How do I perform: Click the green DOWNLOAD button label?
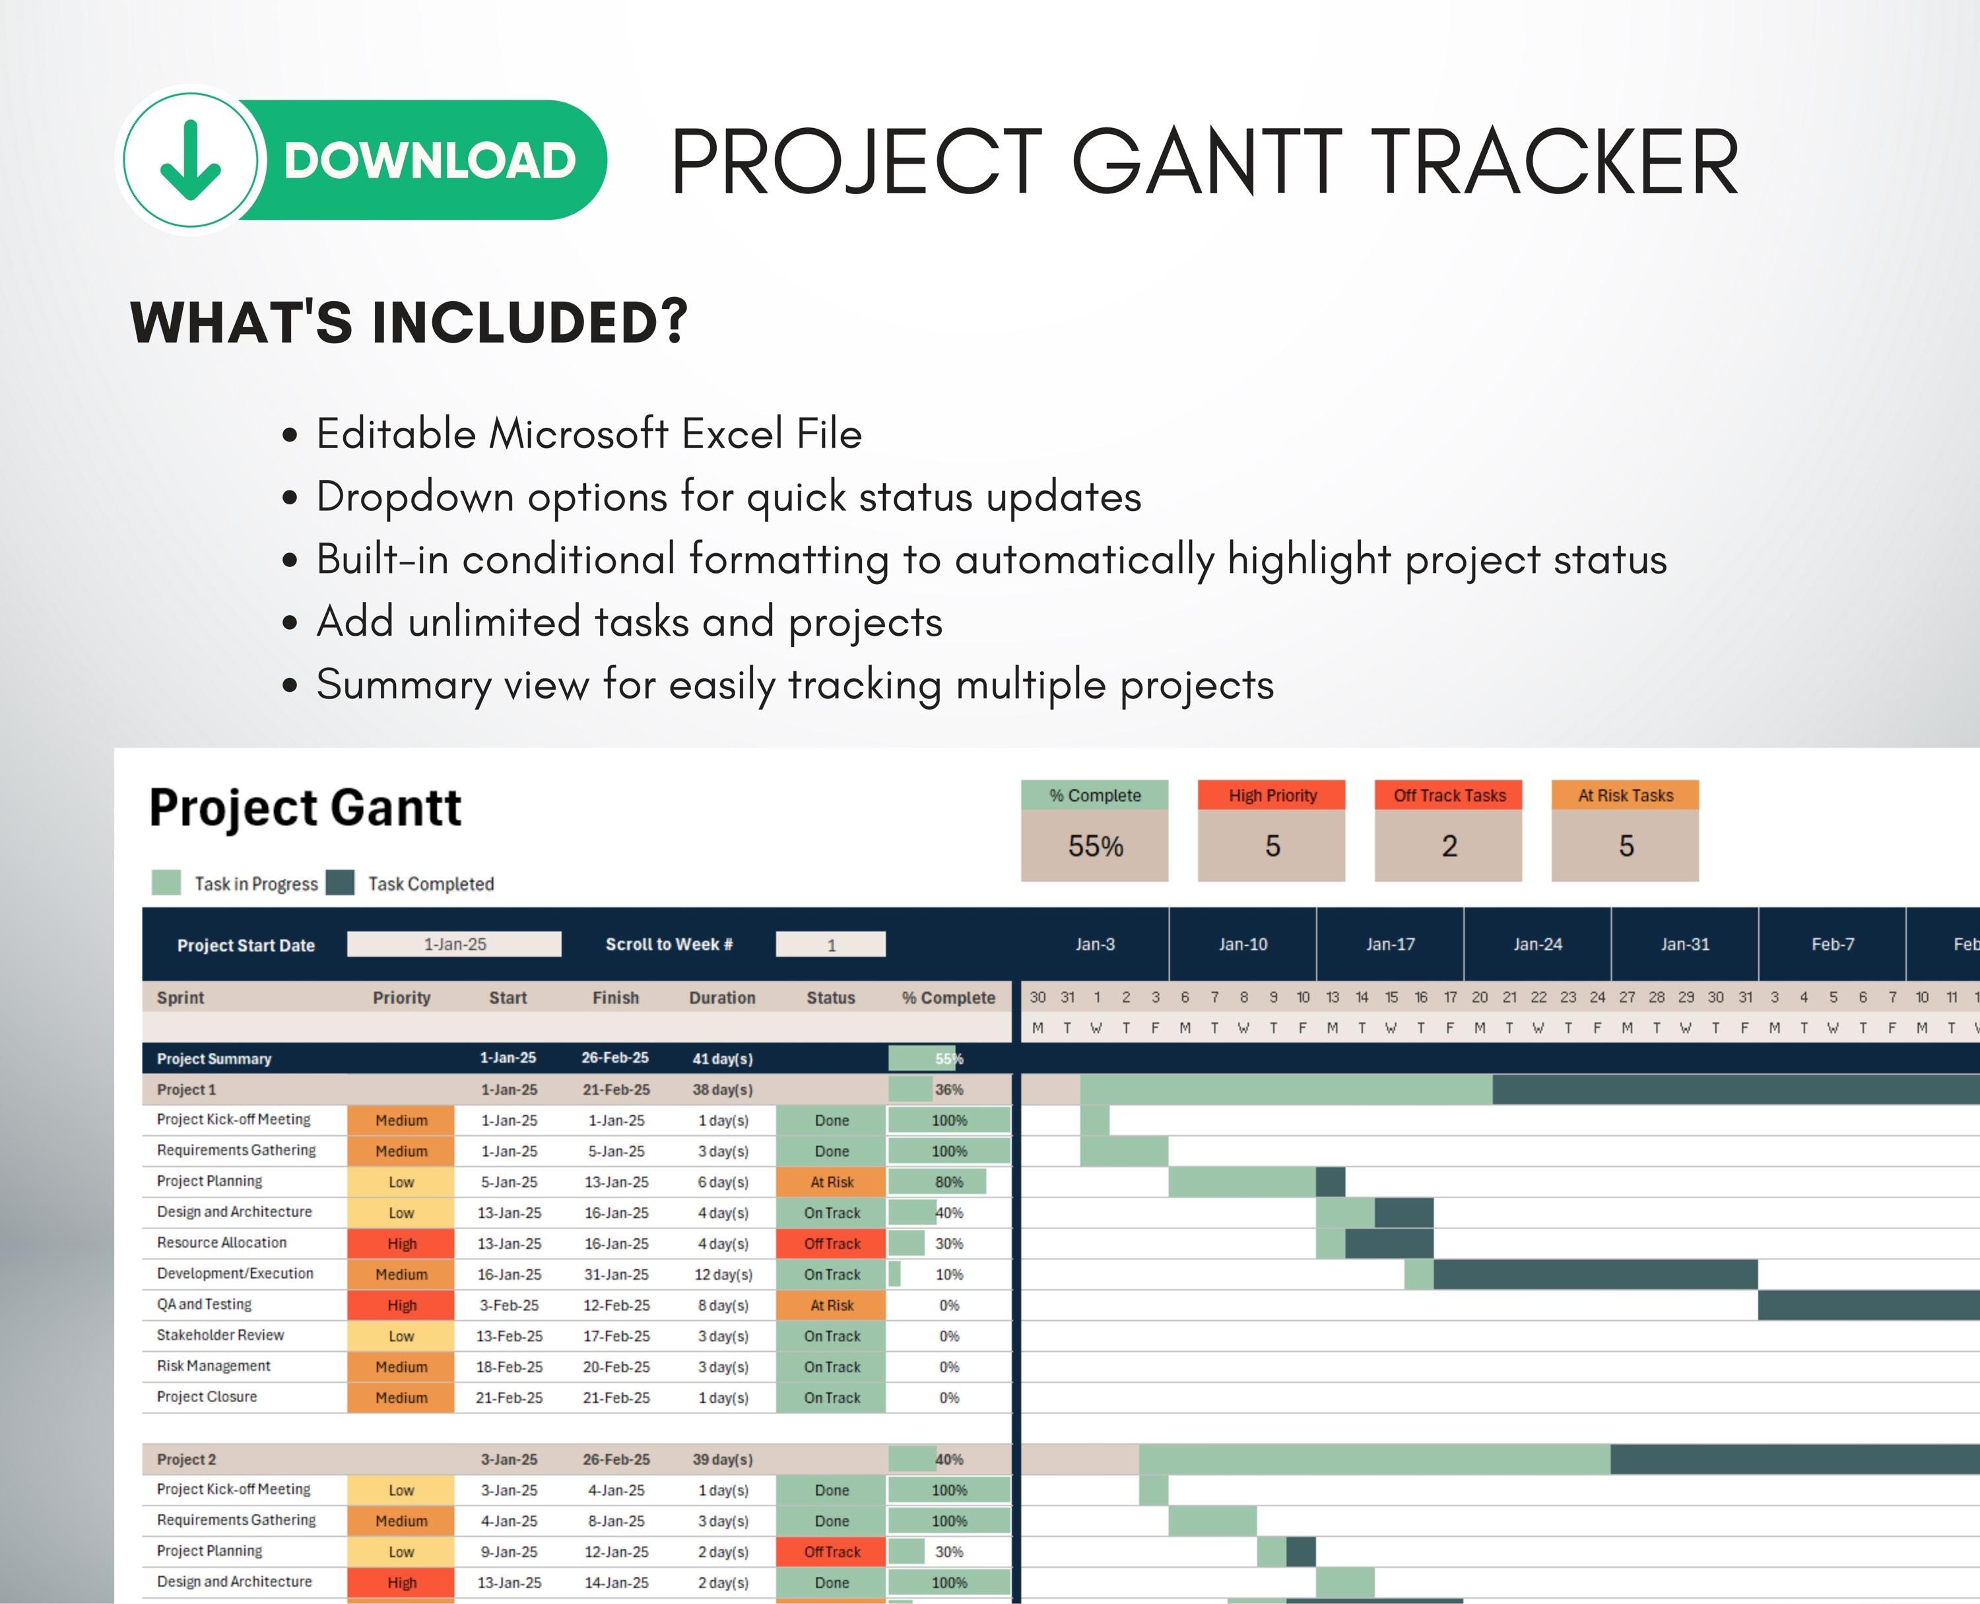[430, 161]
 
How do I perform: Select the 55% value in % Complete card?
[1095, 846]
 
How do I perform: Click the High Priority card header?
[1271, 795]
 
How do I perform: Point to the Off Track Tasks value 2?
[1449, 846]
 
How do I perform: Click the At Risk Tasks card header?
[1625, 795]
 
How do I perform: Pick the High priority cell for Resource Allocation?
[401, 1244]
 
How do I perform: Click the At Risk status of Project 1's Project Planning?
[832, 1182]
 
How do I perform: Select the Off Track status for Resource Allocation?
[832, 1244]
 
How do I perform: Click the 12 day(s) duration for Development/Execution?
[723, 1274]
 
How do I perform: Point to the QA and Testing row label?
[204, 1304]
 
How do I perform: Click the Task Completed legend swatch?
[340, 883]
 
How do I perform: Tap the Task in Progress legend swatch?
[166, 883]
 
